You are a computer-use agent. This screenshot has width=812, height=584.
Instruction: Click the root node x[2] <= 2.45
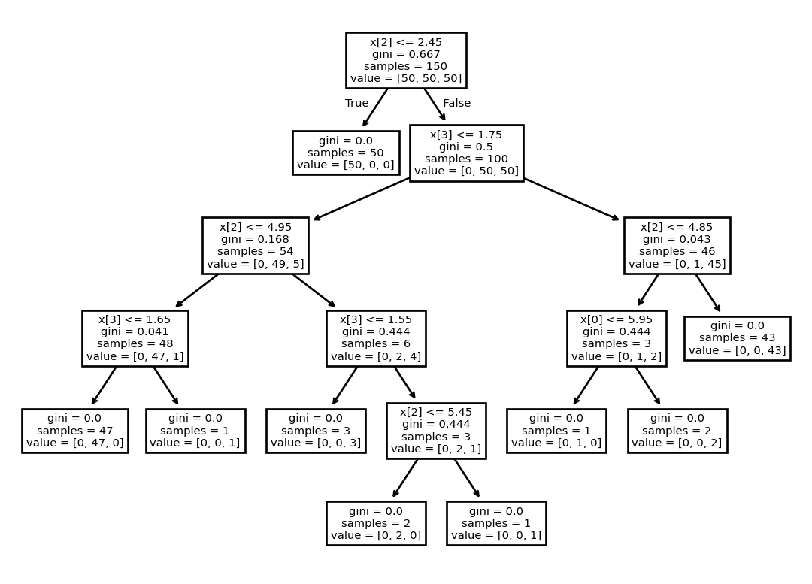[406, 60]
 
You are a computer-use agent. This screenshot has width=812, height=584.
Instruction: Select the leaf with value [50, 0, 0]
[346, 153]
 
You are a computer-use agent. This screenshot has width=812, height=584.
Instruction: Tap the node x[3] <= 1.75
[467, 153]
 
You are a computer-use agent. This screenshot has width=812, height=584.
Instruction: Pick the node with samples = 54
[256, 246]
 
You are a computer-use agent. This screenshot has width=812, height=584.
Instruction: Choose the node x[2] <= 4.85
[677, 246]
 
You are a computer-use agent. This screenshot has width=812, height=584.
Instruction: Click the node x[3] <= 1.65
[135, 338]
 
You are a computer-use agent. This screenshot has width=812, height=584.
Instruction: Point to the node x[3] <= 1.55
[376, 338]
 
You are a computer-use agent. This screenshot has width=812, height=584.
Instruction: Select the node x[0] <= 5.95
[617, 338]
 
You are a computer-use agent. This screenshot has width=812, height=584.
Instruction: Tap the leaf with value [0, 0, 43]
[738, 338]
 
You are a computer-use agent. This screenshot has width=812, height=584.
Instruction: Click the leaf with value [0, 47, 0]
[75, 431]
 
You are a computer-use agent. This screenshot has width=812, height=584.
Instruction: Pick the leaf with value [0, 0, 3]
[316, 431]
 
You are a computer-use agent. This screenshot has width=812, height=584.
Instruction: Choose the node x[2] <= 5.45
[436, 431]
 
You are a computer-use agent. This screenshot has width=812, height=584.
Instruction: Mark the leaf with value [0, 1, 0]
[556, 431]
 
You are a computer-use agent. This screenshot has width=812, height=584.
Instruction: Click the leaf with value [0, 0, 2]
[677, 431]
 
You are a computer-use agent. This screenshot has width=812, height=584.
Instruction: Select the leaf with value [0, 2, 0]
[376, 523]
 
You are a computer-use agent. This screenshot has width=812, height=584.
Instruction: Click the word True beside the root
[357, 103]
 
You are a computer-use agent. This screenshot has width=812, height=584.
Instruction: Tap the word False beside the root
[457, 103]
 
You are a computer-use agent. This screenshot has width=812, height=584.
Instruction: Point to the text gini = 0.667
[406, 54]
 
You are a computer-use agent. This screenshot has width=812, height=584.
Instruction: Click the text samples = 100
[467, 159]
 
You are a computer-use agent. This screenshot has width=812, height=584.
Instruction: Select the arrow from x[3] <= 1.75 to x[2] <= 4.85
[571, 199]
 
